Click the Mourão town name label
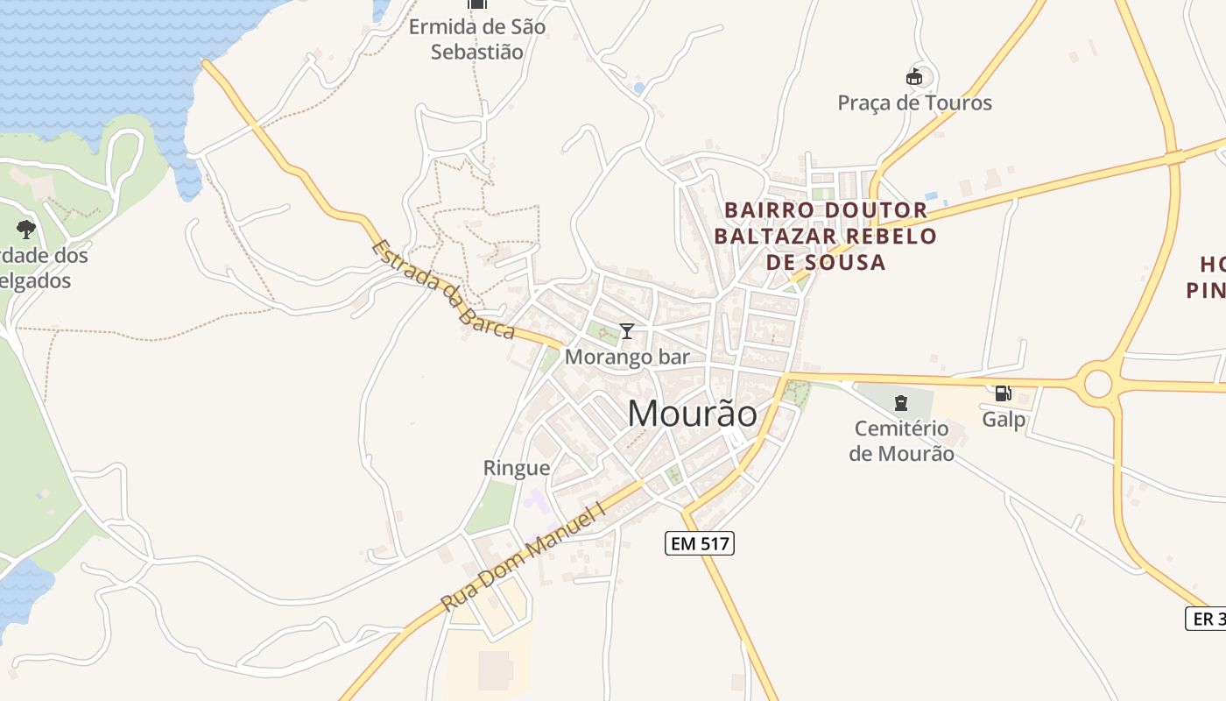coord(692,413)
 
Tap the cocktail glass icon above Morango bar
coord(627,331)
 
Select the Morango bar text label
coord(627,357)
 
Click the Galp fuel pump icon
coord(1003,393)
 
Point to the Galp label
coord(1004,419)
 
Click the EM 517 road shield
coord(698,543)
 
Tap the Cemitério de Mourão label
coord(901,441)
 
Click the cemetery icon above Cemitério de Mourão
coord(900,403)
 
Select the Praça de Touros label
coord(914,103)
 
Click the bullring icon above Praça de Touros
coord(914,77)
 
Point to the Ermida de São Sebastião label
coord(477,39)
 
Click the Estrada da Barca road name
coord(442,290)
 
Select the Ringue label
coord(517,468)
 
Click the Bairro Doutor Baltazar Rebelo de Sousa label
coord(825,236)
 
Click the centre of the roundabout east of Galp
coord(1098,383)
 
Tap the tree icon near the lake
coord(26,230)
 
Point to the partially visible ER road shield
coord(1206,618)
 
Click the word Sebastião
coord(477,52)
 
